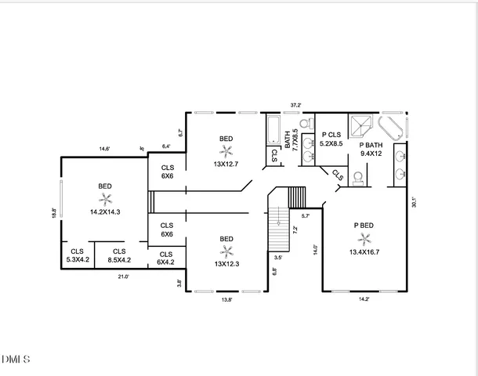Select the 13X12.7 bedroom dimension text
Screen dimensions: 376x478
click(226, 164)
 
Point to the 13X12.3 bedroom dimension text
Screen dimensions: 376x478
click(226, 264)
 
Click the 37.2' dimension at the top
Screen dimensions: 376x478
click(295, 104)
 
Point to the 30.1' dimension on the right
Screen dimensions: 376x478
click(414, 201)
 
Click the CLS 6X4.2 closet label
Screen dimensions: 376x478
click(166, 258)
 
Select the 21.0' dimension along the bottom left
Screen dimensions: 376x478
click(123, 276)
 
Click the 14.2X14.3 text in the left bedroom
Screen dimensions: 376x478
click(105, 211)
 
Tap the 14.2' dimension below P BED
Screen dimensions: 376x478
click(363, 298)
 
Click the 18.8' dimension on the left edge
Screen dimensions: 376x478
click(53, 212)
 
